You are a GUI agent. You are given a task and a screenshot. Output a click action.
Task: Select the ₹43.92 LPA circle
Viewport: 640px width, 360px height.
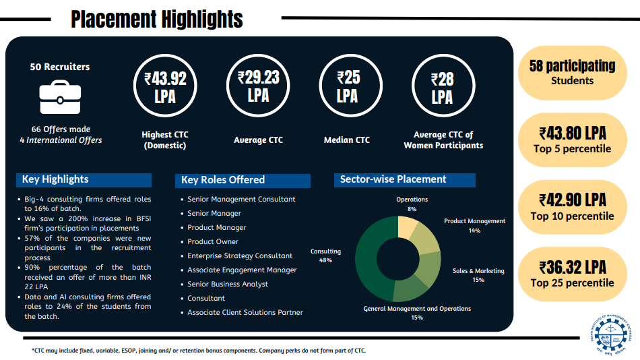(165, 88)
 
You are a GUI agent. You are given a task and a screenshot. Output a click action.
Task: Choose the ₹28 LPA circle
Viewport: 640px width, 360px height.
(442, 88)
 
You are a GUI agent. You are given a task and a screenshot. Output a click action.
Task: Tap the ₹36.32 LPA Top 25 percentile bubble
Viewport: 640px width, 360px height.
(572, 274)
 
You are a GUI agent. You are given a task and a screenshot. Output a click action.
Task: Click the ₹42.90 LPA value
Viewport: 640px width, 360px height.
(572, 200)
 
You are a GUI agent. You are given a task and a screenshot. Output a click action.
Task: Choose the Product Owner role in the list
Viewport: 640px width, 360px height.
(213, 241)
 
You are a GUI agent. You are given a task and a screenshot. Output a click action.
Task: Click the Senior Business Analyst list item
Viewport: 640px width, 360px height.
(228, 284)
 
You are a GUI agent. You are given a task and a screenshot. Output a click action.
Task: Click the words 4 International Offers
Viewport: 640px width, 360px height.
(61, 140)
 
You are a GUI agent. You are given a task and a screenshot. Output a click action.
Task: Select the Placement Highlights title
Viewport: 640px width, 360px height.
(157, 19)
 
